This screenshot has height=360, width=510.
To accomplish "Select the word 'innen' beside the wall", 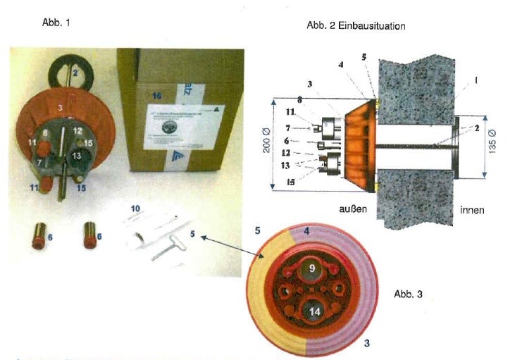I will pyautogui.click(x=471, y=210).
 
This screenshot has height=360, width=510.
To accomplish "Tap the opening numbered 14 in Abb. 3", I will pyautogui.click(x=313, y=311).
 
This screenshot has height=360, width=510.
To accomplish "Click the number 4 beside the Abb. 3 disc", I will pyautogui.click(x=307, y=232).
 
